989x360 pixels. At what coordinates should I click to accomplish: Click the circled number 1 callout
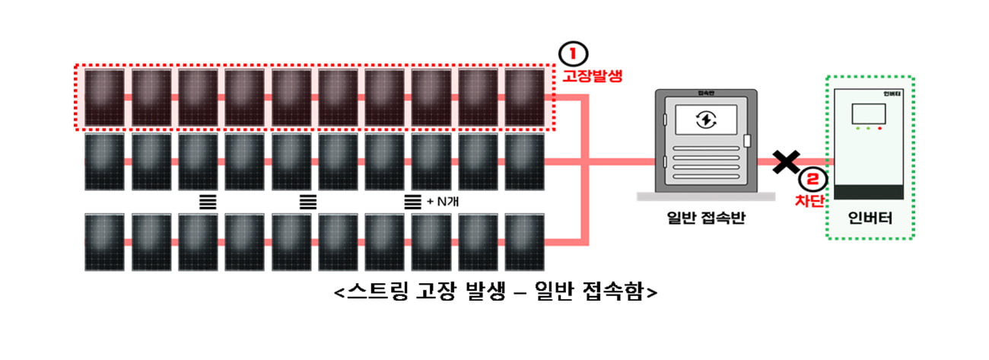[573, 54]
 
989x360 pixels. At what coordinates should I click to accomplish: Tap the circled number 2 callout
[813, 180]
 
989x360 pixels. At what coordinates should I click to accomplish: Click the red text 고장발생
[592, 75]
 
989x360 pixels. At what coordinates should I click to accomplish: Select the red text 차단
[809, 200]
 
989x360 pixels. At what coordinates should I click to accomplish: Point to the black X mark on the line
[786, 162]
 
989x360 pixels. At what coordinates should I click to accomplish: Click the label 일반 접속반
[705, 218]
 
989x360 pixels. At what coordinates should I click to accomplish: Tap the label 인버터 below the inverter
[870, 218]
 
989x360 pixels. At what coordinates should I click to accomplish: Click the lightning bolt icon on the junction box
[705, 119]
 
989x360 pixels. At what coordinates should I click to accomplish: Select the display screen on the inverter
[869, 113]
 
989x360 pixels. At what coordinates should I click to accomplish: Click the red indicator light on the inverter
[879, 129]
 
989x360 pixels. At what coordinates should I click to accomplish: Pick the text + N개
[443, 202]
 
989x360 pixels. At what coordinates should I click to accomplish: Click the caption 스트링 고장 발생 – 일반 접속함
[495, 291]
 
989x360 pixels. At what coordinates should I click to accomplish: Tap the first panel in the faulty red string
[104, 97]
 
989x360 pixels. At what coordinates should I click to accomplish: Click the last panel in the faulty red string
[524, 97]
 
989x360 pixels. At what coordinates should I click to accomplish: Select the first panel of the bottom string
[104, 242]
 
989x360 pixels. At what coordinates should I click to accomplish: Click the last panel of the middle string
[524, 161]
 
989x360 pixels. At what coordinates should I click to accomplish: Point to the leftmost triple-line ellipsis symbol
[208, 202]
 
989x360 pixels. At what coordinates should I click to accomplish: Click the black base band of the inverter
[869, 192]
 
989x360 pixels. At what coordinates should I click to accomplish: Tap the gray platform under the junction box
[705, 196]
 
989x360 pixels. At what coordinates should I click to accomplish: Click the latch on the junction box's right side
[747, 141]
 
